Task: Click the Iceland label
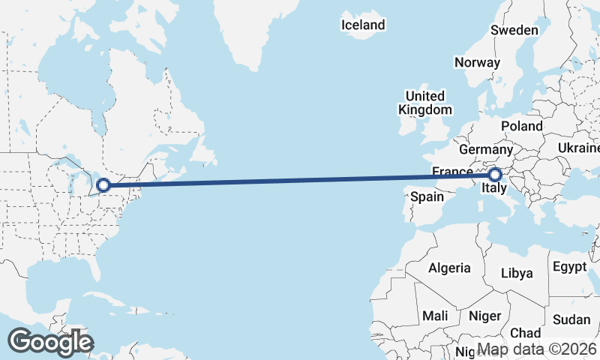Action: (x=363, y=25)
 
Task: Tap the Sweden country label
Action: (x=514, y=30)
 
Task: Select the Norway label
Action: (x=477, y=62)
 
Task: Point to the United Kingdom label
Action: (x=425, y=103)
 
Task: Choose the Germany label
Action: (x=484, y=149)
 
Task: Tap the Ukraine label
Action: (x=577, y=148)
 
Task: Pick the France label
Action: (x=452, y=172)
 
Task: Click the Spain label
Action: (x=427, y=197)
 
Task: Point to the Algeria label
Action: (x=449, y=268)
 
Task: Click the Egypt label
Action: (x=569, y=266)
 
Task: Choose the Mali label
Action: (x=435, y=315)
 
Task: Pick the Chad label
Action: (x=525, y=332)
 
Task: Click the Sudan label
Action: (x=571, y=319)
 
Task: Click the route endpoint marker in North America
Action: (x=104, y=184)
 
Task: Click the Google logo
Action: (x=50, y=342)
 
